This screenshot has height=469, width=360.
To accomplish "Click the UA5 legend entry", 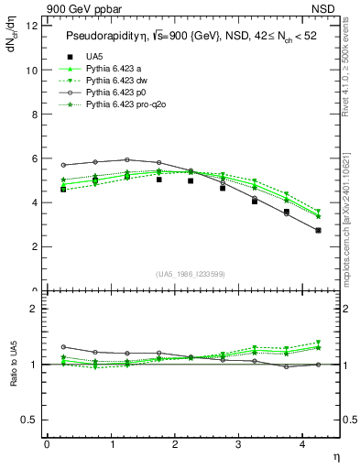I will tap(94, 57).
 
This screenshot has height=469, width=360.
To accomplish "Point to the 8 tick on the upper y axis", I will tap(34, 114).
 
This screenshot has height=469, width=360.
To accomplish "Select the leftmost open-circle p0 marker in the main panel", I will tap(63, 165).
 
